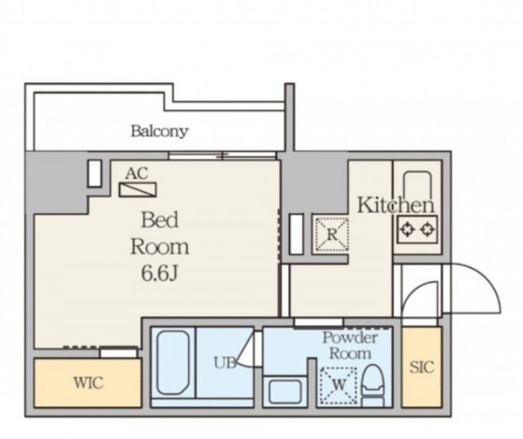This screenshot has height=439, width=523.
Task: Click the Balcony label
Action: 159,131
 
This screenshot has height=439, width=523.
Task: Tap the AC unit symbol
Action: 138,189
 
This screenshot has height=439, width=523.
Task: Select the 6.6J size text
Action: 159,274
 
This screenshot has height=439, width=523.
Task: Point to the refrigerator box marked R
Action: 332,234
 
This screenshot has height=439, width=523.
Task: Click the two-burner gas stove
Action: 418,229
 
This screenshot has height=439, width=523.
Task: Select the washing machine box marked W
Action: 338,384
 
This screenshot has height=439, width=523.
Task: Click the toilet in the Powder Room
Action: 373,384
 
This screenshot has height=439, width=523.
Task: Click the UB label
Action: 225,363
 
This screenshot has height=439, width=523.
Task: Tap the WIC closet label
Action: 88,383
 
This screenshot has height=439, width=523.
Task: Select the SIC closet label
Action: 422,367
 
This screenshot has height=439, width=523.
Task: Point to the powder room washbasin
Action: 285,391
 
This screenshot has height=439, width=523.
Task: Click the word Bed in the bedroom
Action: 159,220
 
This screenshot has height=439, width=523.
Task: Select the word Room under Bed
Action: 159,247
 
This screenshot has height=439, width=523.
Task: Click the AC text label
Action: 136,173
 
